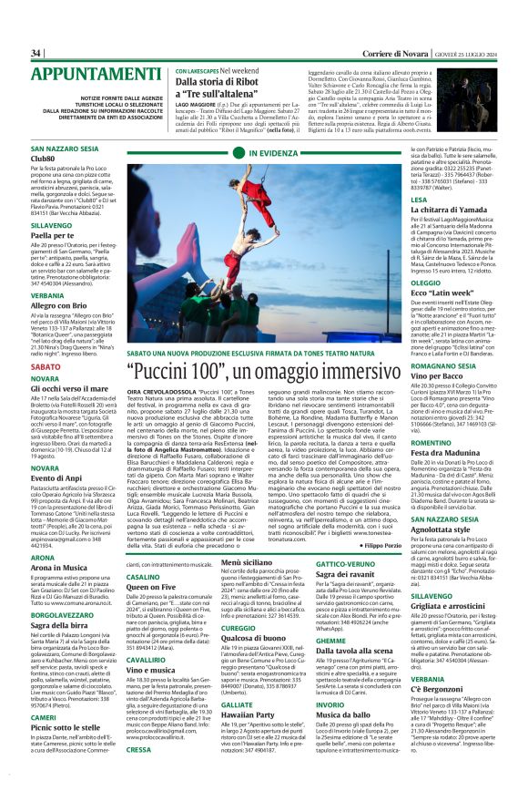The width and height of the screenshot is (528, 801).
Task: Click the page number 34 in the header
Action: click(x=36, y=53)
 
